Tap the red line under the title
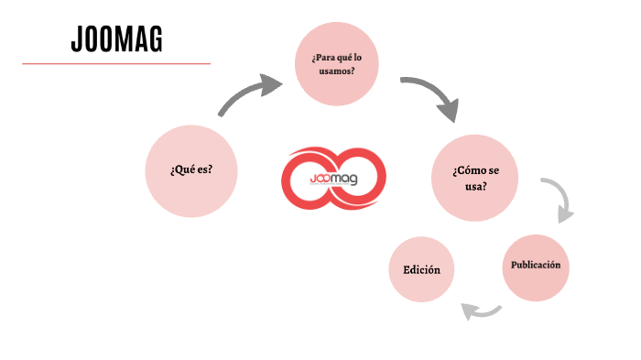click(116, 64)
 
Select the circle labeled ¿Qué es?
click(190, 170)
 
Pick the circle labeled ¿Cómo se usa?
click(474, 180)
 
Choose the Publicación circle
click(536, 267)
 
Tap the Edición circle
click(421, 269)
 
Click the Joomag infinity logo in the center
click(333, 177)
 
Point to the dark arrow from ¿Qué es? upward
click(249, 97)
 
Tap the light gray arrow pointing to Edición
click(482, 312)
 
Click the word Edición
click(421, 269)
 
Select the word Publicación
click(536, 266)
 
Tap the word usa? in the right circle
click(474, 187)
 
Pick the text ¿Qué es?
click(190, 170)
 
